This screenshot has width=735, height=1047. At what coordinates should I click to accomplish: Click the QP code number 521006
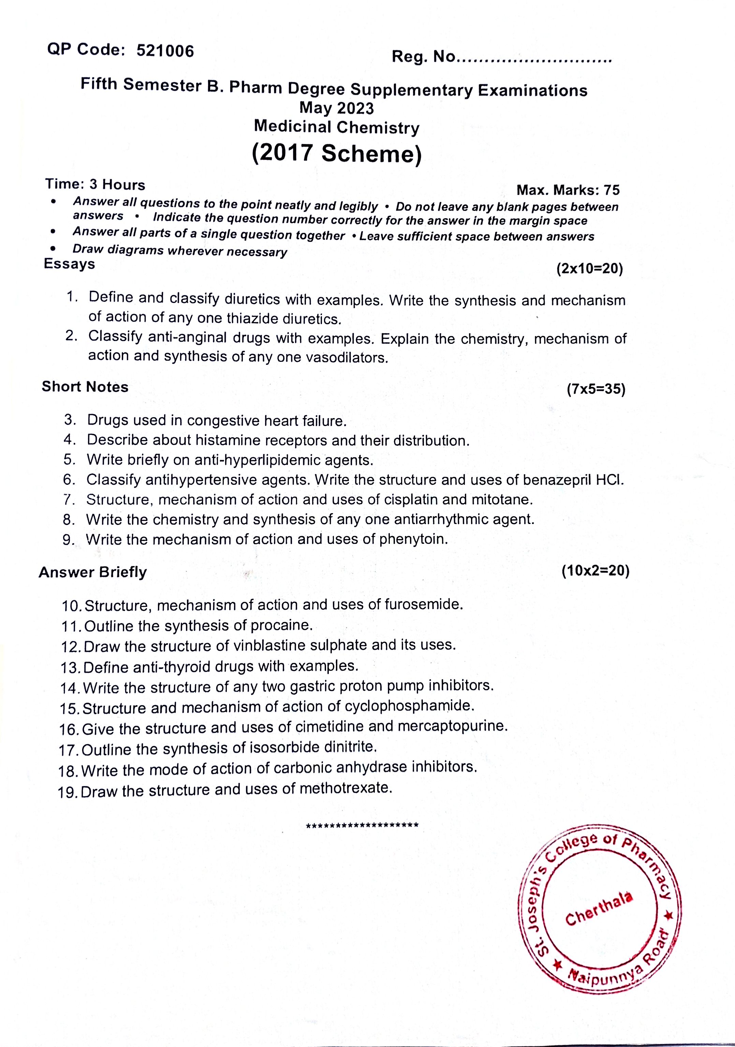point(165,51)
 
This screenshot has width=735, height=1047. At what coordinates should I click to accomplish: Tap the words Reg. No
point(423,57)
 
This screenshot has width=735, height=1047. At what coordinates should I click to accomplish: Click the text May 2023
point(336,108)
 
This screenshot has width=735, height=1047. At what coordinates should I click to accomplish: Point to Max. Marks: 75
point(568,190)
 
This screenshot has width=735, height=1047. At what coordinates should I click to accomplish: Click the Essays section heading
point(69,264)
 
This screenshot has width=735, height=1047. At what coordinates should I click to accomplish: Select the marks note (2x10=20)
point(589,269)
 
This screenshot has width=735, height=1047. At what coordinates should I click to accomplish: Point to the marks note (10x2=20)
point(595,570)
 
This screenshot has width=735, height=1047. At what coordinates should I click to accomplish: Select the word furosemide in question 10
point(423,605)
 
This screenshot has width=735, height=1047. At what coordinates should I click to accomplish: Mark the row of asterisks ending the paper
point(362,826)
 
